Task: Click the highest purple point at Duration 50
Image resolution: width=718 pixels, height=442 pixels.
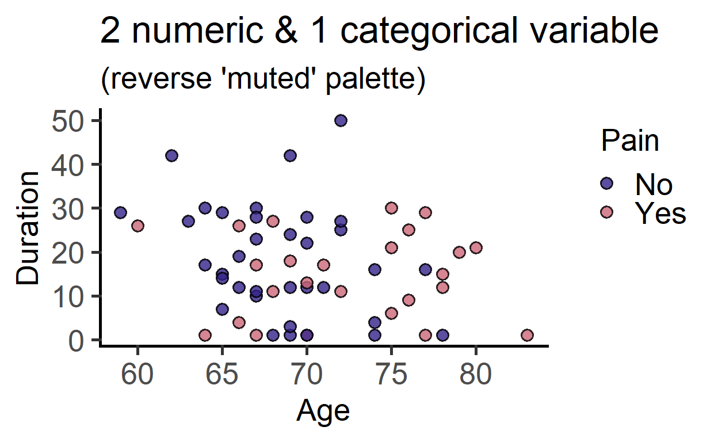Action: click(341, 121)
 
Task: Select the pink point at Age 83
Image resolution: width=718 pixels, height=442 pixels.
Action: click(527, 335)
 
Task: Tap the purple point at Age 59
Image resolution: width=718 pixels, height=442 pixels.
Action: click(120, 212)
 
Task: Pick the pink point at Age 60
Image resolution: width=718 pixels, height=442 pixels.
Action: click(138, 226)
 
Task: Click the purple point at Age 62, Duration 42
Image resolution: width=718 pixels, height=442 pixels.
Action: click(172, 155)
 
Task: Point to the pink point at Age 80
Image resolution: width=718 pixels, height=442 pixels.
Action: click(476, 247)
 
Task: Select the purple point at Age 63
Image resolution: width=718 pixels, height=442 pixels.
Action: click(189, 222)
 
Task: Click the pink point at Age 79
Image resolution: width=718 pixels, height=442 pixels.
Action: click(459, 252)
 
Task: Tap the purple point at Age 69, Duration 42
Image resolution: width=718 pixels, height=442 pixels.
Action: click(290, 155)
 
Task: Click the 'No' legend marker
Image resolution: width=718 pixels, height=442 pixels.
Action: click(606, 184)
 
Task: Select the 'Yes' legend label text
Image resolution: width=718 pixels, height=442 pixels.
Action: click(660, 213)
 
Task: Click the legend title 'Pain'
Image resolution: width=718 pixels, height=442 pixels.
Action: click(630, 140)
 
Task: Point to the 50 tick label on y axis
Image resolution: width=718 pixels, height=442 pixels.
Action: click(68, 121)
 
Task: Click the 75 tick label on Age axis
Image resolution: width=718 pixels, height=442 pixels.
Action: click(391, 374)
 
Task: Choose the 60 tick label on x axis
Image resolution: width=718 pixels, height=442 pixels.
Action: click(138, 374)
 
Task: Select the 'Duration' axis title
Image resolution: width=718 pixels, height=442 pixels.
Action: click(28, 228)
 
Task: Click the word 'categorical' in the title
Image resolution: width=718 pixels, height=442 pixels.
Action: click(429, 31)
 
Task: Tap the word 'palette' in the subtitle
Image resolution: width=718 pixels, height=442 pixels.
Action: click(376, 79)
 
